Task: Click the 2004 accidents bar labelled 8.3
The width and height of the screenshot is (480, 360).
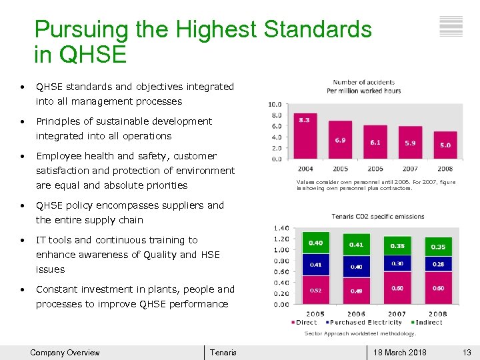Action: [306, 136]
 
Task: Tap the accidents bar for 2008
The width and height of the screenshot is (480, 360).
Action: [444, 146]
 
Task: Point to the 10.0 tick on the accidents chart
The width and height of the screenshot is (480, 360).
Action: [274, 104]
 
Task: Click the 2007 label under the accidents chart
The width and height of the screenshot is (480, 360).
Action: [410, 169]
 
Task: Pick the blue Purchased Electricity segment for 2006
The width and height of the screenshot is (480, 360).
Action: [357, 267]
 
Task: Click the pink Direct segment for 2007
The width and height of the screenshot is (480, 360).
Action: [397, 287]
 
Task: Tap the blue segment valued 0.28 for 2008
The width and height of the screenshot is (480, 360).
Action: [438, 264]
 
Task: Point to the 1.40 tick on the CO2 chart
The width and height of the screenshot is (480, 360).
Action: [280, 228]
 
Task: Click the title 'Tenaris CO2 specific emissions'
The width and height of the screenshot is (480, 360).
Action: [377, 217]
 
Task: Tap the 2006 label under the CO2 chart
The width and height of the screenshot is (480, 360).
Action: [356, 314]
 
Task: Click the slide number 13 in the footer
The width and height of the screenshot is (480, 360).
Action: [467, 353]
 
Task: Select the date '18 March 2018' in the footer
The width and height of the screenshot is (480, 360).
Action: [400, 353]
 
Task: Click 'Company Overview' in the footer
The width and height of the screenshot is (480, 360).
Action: [65, 353]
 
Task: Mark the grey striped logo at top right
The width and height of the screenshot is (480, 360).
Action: [451, 26]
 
